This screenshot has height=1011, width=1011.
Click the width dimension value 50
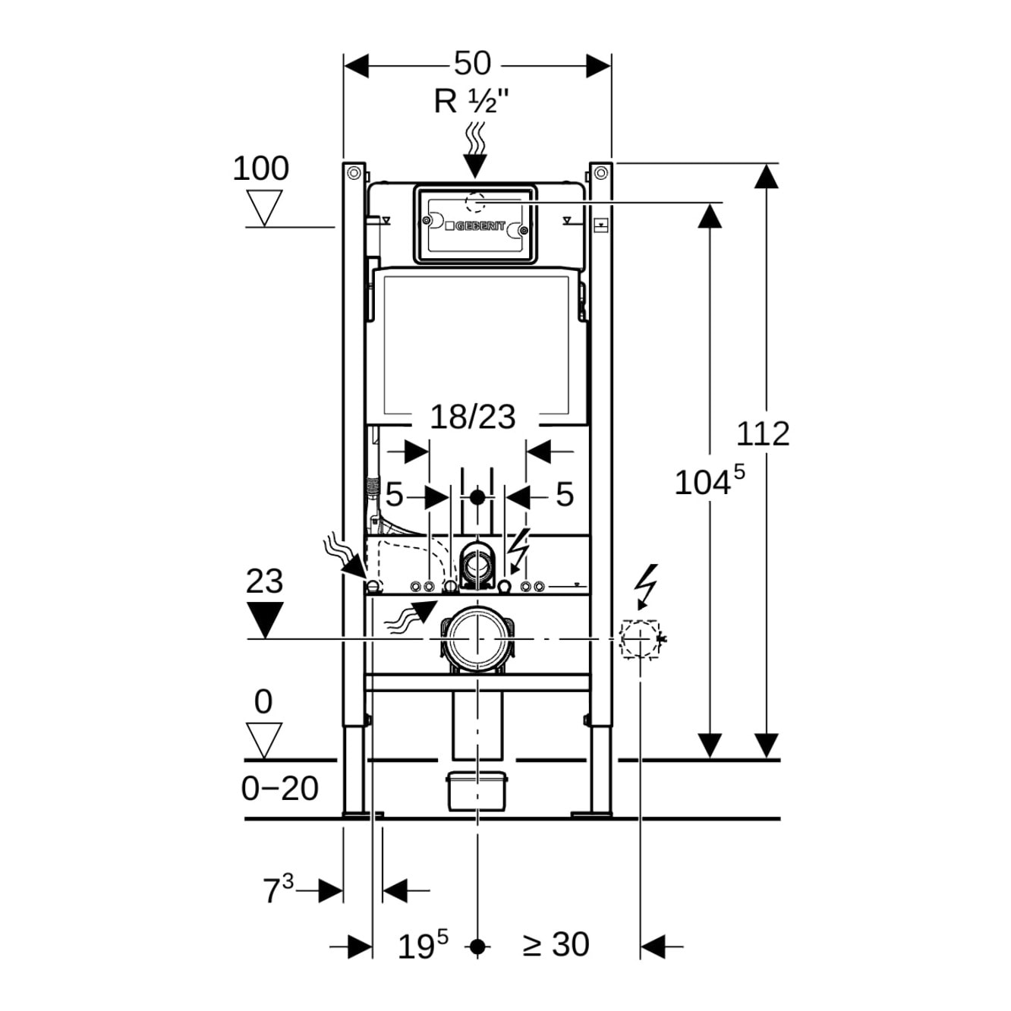point(472,64)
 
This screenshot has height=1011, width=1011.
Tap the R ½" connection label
point(471,101)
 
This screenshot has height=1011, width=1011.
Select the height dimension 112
point(763,433)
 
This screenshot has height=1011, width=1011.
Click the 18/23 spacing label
point(472,417)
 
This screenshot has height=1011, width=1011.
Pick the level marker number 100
point(260,168)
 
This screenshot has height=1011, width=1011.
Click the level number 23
point(264,581)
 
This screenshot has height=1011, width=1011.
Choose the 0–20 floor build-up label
point(279,789)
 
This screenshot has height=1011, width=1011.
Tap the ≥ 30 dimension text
point(556,945)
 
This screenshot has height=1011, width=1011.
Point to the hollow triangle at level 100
point(264,207)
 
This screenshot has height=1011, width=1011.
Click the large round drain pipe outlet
point(477,639)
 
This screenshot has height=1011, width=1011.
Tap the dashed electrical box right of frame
point(639,639)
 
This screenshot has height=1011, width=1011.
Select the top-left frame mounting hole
point(353,173)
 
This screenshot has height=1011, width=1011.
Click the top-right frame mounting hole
point(600,173)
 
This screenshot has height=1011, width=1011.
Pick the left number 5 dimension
point(394,495)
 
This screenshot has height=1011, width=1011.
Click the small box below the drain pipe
point(477,790)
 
